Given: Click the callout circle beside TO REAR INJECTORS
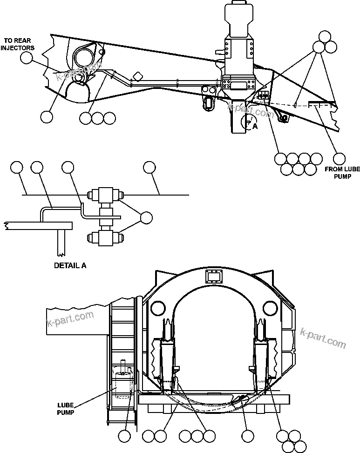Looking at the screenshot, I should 27,57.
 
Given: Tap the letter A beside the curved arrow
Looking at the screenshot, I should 254,126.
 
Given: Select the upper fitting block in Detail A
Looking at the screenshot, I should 105,195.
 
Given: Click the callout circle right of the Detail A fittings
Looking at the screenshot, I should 146,217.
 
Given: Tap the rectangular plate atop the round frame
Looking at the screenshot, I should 214,278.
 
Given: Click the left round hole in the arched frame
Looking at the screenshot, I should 157,308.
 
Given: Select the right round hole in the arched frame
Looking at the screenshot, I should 271,308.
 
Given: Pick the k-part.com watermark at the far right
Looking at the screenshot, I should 324,338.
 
